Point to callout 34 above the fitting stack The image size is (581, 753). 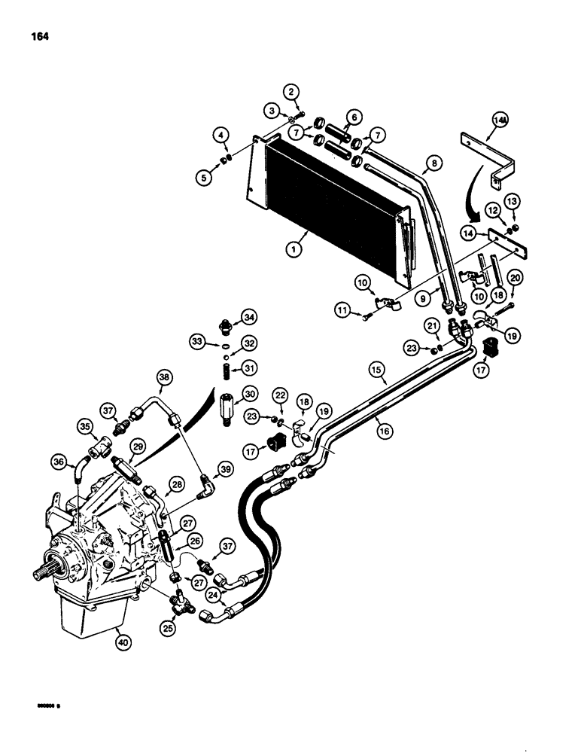click(248, 314)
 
